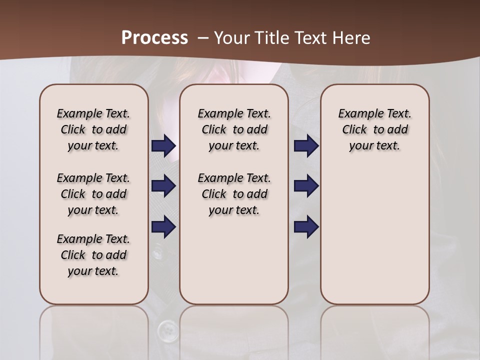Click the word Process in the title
154,38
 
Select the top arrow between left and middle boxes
163,146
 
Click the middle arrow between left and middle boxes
163,186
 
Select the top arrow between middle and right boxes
306,146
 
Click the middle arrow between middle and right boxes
306,186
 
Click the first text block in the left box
93,129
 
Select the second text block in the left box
93,194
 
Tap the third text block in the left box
93,255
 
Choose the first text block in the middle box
234,129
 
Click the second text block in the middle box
234,194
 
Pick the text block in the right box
375,129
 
